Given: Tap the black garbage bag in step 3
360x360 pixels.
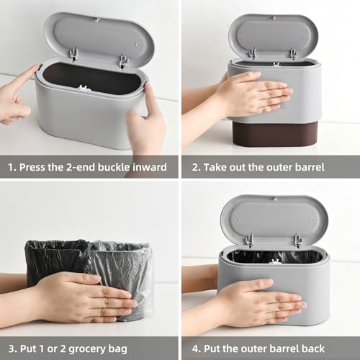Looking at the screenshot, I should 54,259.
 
